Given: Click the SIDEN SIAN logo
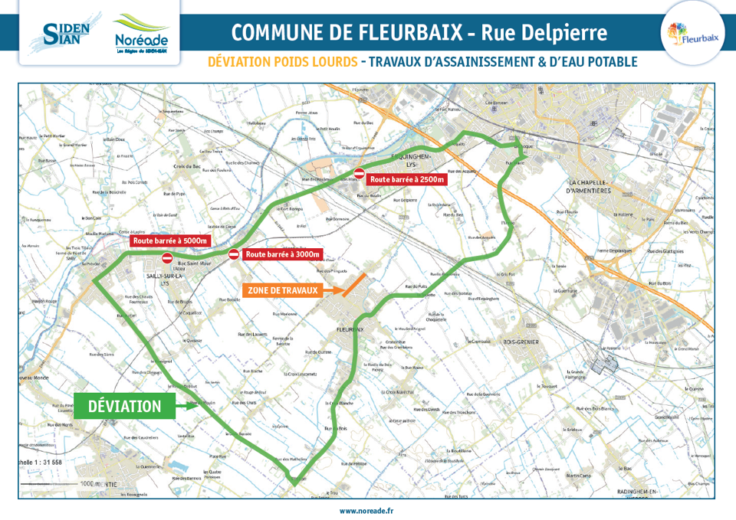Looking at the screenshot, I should (x=67, y=32).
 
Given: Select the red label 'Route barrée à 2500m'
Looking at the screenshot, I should (x=406, y=179).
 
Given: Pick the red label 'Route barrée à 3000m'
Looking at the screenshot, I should (x=282, y=254).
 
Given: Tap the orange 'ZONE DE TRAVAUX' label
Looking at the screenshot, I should (x=282, y=291).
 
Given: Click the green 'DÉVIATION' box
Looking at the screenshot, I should (x=125, y=406).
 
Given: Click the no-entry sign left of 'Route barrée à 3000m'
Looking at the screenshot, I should (x=234, y=254).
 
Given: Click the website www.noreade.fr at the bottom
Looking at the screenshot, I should (x=366, y=509).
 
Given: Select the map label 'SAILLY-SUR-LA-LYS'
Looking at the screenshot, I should (x=164, y=279).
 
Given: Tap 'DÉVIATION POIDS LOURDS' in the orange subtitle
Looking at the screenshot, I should (x=282, y=62).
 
